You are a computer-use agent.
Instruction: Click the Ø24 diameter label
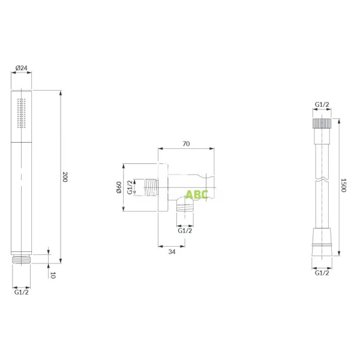tap(22, 68)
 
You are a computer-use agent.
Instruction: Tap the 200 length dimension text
tap(65, 177)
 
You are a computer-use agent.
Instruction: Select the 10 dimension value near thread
tap(53, 275)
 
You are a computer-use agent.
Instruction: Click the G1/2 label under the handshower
tap(22, 292)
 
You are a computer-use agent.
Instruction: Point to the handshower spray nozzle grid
tap(22, 113)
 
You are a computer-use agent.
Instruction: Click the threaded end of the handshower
tap(22, 259)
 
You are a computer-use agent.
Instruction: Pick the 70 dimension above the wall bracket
tap(186, 144)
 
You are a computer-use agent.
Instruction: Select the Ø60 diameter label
tap(119, 187)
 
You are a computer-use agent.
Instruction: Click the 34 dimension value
tap(172, 252)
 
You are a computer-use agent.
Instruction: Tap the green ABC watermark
tap(197, 194)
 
